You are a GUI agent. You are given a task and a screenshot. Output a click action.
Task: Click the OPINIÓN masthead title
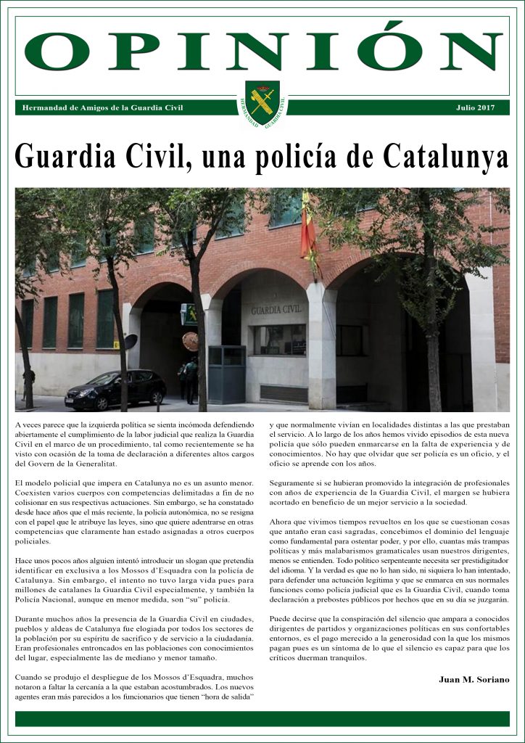[x=262, y=50]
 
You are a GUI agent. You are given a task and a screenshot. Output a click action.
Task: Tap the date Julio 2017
[x=475, y=107]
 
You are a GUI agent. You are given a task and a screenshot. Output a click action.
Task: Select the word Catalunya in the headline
[x=445, y=155]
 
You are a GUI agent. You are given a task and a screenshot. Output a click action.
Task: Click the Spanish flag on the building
[x=307, y=229]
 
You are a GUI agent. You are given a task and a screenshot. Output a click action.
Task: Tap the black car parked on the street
[x=115, y=390]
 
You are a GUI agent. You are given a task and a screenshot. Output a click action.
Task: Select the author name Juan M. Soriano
[x=474, y=679]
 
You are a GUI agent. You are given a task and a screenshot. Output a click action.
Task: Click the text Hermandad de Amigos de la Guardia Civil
[x=103, y=107]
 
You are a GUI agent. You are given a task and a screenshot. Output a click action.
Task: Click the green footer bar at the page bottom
[x=262, y=718]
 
